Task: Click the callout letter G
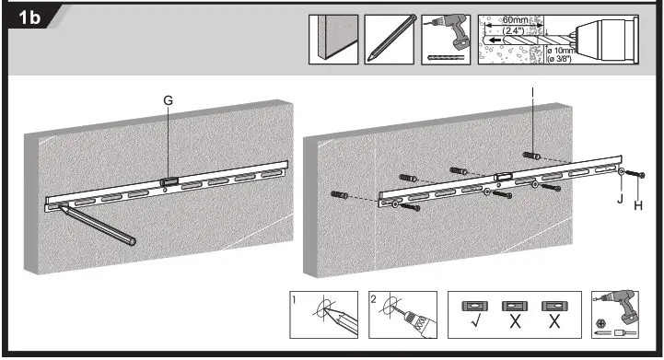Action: (167, 99)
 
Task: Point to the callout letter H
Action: (637, 206)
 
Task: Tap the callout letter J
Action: (620, 196)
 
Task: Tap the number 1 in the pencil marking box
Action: (294, 299)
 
